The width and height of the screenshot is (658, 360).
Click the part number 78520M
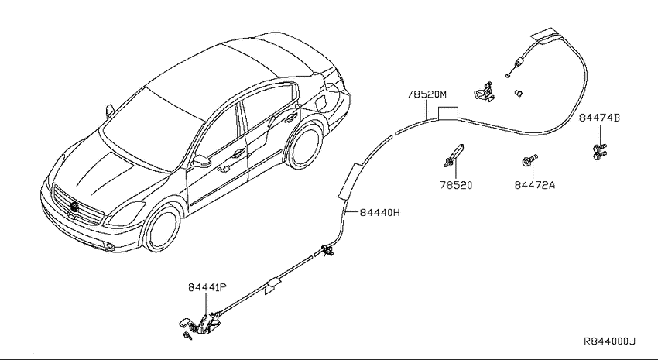(427, 94)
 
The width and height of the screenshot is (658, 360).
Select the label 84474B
(599, 118)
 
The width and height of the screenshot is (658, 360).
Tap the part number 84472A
(535, 185)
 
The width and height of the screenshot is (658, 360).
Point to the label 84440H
(380, 213)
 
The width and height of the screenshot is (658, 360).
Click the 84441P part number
(207, 287)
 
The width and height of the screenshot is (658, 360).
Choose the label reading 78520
(456, 185)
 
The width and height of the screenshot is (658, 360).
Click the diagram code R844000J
(610, 341)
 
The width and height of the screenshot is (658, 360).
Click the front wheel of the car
(162, 229)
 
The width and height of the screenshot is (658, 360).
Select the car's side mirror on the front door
(200, 161)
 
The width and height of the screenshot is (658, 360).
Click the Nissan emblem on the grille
(74, 207)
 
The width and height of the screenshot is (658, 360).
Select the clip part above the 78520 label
(454, 154)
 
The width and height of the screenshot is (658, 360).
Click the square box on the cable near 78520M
(447, 113)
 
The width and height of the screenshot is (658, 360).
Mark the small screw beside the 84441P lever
(187, 335)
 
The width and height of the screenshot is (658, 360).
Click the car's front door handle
(238, 153)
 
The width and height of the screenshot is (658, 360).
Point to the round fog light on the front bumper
(109, 247)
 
